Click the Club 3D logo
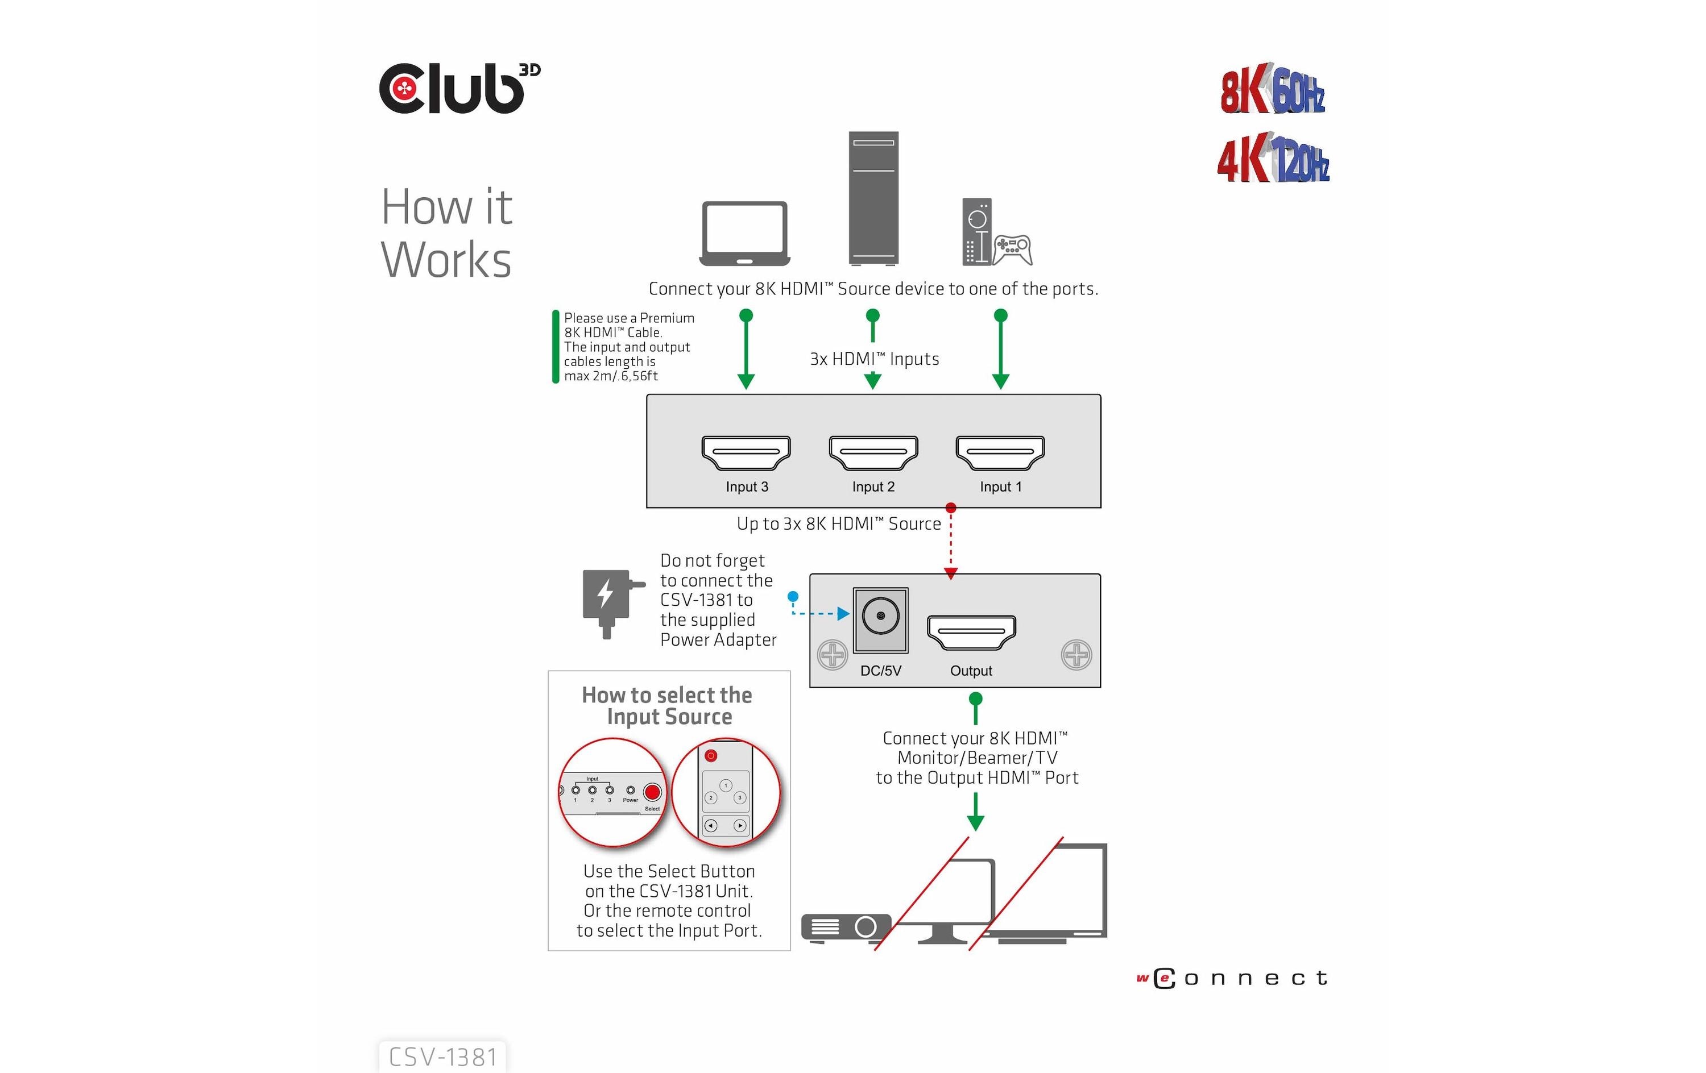tap(459, 89)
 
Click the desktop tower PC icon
tap(873, 198)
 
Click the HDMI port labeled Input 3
tap(746, 452)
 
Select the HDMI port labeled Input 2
tap(873, 452)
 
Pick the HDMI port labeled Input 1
tap(1000, 452)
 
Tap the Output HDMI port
tap(971, 632)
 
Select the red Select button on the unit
tap(652, 792)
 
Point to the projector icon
tap(845, 926)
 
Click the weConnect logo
tap(1231, 978)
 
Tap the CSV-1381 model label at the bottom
tap(443, 1057)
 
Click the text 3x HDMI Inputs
tap(874, 359)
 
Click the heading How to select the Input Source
tap(668, 705)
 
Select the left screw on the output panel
tap(833, 655)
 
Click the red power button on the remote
tap(711, 756)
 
